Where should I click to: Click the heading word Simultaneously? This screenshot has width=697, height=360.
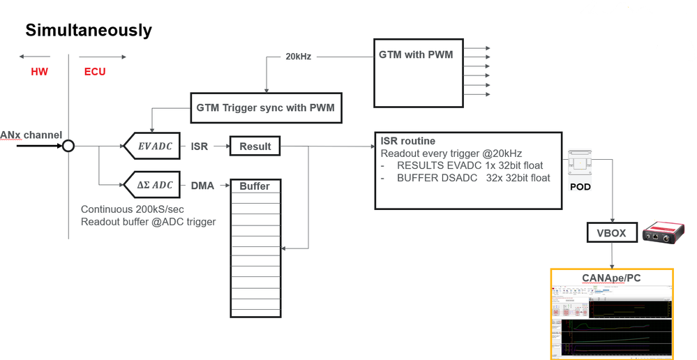pos(89,31)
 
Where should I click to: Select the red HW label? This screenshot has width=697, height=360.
pos(39,72)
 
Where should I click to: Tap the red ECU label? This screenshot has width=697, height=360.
pos(95,72)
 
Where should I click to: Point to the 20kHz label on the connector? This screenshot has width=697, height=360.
pos(299,56)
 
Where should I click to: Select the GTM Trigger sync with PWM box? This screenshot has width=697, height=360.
pos(267,108)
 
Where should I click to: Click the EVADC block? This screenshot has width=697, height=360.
pos(152,147)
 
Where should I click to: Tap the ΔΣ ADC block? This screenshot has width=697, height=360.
pos(152,186)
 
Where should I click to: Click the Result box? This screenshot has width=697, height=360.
pos(255,147)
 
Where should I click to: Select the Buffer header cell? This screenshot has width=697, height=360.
pos(255,186)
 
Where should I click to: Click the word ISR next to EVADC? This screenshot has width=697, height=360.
pos(200,147)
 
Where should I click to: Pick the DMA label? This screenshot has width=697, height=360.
pos(202,186)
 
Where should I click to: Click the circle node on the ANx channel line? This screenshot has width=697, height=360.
pos(68,147)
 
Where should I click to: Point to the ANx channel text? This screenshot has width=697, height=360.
pos(31,135)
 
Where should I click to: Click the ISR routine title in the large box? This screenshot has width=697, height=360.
pos(407,141)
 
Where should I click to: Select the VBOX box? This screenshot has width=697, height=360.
pos(612,233)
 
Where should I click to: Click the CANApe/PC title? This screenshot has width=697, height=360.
pos(611,278)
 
